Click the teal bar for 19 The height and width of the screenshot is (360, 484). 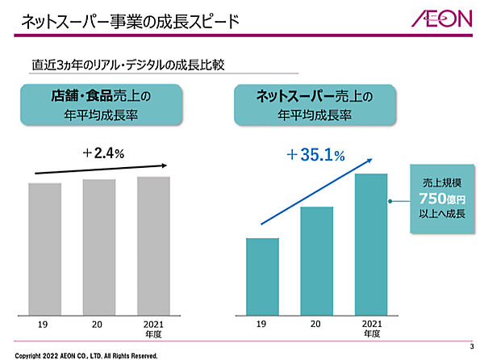(x=262, y=275)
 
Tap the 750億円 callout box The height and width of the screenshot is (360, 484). (x=436, y=200)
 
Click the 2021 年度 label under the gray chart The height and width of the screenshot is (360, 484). (x=153, y=327)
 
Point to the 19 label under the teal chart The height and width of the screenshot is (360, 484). (x=261, y=323)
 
